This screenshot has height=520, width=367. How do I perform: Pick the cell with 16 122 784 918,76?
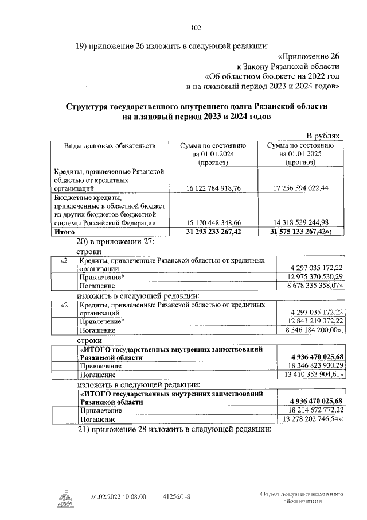(213, 188)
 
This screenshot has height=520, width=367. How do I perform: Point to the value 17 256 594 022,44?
(304, 188)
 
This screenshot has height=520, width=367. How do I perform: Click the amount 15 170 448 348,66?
(213, 223)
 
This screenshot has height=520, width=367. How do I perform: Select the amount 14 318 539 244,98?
(304, 223)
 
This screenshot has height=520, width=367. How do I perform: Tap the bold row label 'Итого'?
(64, 232)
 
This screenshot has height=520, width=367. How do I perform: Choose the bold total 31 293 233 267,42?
(213, 232)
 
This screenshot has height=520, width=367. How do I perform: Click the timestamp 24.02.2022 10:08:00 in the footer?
(119, 496)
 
